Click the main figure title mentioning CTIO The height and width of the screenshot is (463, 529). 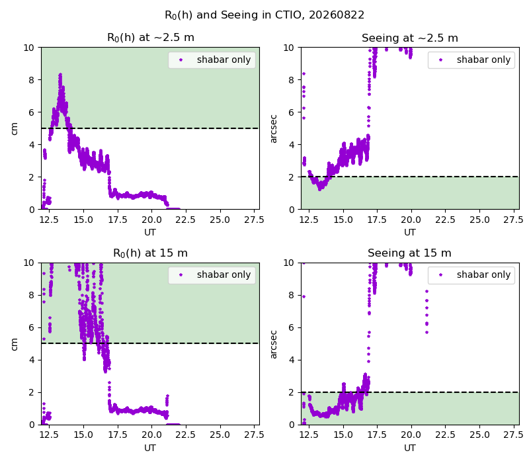264,15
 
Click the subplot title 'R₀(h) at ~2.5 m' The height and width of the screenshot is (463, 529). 151,38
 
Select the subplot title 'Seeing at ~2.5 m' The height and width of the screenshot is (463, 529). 410,38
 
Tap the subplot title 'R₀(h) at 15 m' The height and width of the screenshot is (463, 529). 151,253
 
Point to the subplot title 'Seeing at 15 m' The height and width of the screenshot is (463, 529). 409,253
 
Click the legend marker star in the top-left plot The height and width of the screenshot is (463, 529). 181,60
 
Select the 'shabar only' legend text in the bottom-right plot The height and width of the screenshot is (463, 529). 484,274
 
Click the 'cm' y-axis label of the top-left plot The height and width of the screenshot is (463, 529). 14,128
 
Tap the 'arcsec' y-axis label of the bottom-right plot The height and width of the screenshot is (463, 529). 274,344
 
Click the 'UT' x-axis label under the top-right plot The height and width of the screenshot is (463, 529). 410,232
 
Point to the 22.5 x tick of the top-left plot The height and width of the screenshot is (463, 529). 185,220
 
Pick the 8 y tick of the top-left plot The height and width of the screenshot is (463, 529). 31,80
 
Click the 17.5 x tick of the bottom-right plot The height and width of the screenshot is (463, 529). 377,435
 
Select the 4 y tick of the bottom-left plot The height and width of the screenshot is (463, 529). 31,360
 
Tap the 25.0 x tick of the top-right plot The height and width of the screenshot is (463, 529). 479,220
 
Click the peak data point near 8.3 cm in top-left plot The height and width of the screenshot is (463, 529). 60,75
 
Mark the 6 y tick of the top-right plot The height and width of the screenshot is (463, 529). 291,112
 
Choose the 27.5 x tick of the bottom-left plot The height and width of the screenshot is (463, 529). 254,435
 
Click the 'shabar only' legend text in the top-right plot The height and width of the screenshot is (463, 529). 484,60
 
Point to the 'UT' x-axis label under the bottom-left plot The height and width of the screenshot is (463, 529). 150,448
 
